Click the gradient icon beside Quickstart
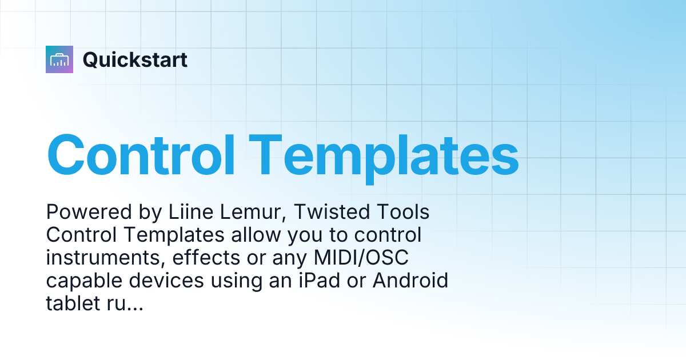59,59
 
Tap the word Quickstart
135,59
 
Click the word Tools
404,213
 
